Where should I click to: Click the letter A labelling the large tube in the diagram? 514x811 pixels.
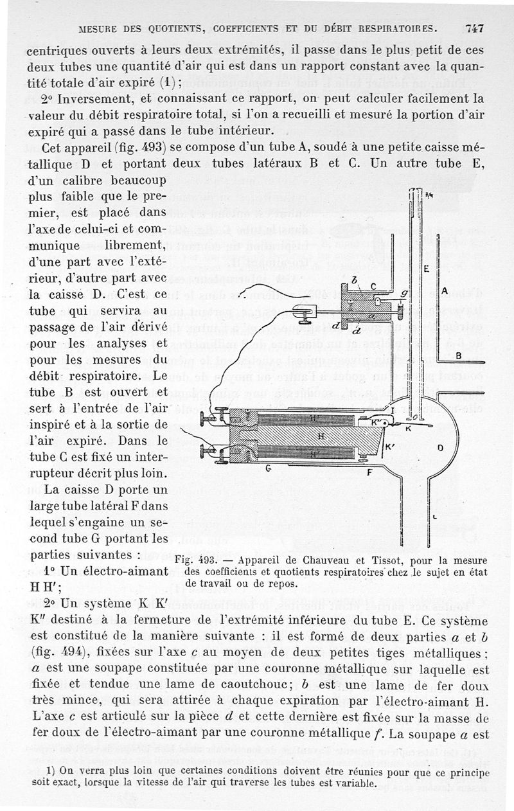click(445, 291)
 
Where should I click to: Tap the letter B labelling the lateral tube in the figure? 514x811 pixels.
click(458, 355)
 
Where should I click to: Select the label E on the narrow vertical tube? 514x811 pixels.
click(425, 271)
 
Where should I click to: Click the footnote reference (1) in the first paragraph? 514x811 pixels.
click(168, 82)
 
